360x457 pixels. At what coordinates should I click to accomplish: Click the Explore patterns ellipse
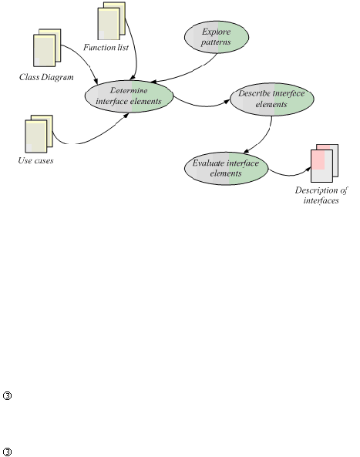tap(217, 37)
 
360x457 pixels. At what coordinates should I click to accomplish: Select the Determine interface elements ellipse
tap(129, 96)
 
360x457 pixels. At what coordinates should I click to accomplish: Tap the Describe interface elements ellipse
tap(272, 99)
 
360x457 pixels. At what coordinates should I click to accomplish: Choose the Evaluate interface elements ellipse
tap(226, 168)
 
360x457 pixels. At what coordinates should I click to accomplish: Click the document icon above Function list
tap(111, 21)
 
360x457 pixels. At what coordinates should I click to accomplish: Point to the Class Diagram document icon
tap(47, 48)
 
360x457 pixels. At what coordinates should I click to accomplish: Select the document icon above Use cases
tap(39, 134)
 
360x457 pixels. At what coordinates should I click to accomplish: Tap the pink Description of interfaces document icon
tap(325, 163)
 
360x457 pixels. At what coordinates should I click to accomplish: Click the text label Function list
tap(106, 47)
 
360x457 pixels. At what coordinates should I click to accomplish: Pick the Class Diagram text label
tap(46, 77)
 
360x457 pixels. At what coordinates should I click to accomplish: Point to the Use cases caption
tap(35, 160)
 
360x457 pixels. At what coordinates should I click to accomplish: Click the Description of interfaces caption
tap(321, 195)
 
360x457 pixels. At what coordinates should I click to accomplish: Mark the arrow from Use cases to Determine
tap(87, 140)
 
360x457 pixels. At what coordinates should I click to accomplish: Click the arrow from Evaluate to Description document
tap(290, 175)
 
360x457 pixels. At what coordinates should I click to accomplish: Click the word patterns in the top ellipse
tap(216, 42)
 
